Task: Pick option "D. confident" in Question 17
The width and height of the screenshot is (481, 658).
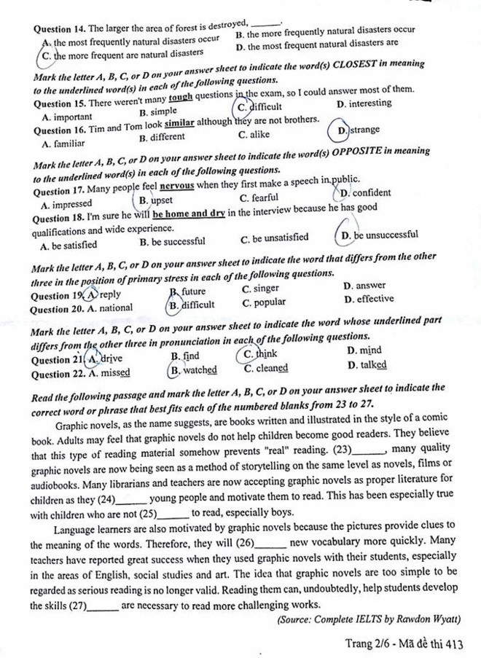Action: click(365, 193)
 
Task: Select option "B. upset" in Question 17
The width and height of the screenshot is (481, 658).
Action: click(155, 200)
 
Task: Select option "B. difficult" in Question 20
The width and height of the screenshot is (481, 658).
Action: click(191, 305)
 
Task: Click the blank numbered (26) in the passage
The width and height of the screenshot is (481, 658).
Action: click(270, 543)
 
